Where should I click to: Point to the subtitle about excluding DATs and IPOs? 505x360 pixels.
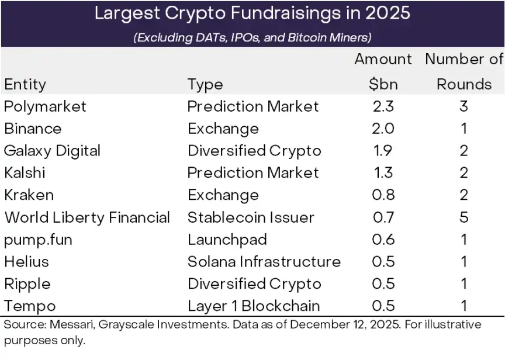(x=252, y=38)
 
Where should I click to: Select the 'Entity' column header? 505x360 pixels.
(x=25, y=84)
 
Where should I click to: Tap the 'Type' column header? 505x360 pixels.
(x=205, y=84)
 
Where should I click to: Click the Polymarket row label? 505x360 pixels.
(x=45, y=106)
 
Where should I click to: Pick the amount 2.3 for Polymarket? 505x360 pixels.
(x=383, y=106)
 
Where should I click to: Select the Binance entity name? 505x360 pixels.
(x=33, y=129)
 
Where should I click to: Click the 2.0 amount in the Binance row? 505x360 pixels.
(x=383, y=129)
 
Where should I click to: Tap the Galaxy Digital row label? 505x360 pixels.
(x=53, y=151)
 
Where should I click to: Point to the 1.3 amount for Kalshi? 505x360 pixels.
(x=383, y=173)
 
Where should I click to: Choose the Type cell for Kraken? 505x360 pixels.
(x=223, y=195)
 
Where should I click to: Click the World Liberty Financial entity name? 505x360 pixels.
(x=87, y=217)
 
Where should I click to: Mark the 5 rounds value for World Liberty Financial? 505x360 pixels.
(x=464, y=217)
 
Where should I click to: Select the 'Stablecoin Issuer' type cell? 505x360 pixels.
(x=251, y=217)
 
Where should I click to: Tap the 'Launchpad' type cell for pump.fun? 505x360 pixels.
(x=227, y=240)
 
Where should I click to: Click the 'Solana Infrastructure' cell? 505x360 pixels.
(x=264, y=262)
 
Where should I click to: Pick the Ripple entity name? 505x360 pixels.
(x=27, y=284)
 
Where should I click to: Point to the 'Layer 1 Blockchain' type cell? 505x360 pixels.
(x=254, y=306)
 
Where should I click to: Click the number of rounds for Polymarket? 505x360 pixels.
(x=464, y=106)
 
